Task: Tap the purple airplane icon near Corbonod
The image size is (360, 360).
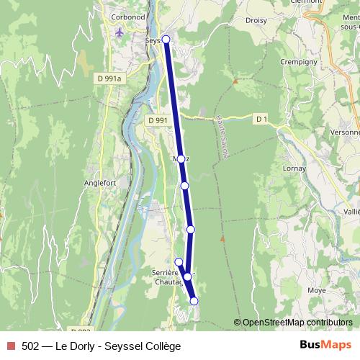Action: pos(120,32)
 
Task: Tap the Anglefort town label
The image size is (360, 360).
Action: pos(100,183)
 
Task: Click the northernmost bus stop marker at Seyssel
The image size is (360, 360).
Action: pos(166,39)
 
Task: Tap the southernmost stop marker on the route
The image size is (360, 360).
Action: pos(194,301)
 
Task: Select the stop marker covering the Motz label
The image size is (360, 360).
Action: pos(181,158)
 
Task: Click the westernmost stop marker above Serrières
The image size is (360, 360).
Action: pos(179,261)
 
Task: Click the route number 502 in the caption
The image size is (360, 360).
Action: pos(31,346)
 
